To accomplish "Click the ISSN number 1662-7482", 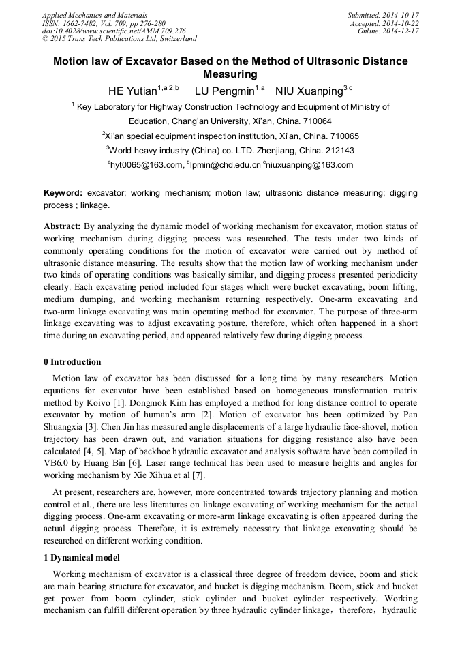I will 88,23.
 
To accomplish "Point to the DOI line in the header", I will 113,31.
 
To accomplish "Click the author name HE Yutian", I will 132,91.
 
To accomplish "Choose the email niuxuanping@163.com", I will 314,165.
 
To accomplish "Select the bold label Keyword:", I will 63,194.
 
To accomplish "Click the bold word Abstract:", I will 63,226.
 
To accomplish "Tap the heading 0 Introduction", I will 72,362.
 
